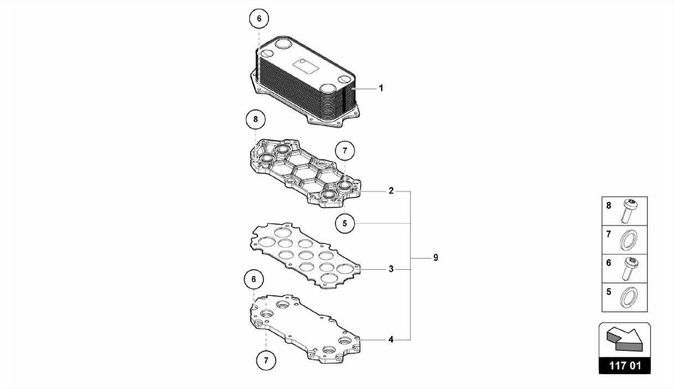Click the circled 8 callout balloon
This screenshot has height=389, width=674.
(x=256, y=119)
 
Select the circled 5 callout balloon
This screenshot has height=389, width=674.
(x=345, y=223)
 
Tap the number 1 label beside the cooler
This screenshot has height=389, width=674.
(x=381, y=88)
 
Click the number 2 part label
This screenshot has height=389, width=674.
(x=391, y=191)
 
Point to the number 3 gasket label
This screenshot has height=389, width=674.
(x=391, y=269)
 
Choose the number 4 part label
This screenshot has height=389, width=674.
(x=391, y=339)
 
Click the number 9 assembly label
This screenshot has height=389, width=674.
(x=436, y=258)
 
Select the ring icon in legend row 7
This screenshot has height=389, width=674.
(x=629, y=239)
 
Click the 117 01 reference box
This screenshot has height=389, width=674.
(x=625, y=366)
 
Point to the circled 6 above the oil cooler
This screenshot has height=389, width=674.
(x=259, y=18)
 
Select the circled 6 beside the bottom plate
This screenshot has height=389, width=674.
(x=253, y=279)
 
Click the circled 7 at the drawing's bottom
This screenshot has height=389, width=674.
(x=266, y=360)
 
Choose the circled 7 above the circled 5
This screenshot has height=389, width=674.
(x=345, y=151)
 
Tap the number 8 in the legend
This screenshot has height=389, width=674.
(x=609, y=206)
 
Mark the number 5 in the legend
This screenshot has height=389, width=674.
(x=609, y=291)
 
